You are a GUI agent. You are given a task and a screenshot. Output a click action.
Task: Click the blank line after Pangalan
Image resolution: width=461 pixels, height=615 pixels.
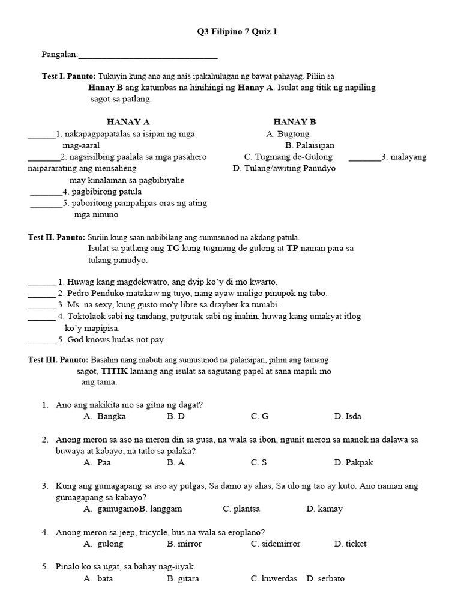coord(148,55)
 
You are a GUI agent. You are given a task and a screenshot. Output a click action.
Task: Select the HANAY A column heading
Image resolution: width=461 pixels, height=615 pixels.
coord(128,122)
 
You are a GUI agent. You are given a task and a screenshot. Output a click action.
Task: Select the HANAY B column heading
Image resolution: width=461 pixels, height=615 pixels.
coord(294,122)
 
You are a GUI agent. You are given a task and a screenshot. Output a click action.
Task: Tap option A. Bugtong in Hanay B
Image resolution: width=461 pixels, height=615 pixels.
coord(288,134)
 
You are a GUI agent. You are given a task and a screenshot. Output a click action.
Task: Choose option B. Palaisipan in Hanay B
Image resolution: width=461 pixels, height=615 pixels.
coord(310,145)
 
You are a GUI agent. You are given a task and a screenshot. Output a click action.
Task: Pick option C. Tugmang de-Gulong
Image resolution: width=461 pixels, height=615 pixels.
coord(288,157)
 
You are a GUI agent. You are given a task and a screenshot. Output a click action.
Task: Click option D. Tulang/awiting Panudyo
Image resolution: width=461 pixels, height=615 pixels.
coord(284,168)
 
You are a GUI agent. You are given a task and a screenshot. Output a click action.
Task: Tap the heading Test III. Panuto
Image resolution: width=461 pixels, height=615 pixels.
coord(58,360)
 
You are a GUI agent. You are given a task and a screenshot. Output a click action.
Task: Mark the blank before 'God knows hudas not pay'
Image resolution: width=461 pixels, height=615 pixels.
coord(41,340)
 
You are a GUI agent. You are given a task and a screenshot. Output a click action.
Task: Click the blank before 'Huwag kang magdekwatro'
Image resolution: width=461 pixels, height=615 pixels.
coord(41,282)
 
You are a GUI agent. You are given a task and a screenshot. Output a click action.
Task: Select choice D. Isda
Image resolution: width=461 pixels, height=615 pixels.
coord(348,416)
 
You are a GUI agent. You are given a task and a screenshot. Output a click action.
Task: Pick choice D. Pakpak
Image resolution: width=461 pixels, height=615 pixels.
coord(351,462)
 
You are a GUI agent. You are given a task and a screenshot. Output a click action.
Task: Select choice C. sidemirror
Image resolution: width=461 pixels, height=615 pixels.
coord(276,544)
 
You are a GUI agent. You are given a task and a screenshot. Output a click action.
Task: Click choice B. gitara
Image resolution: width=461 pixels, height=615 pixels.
coord(183,579)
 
